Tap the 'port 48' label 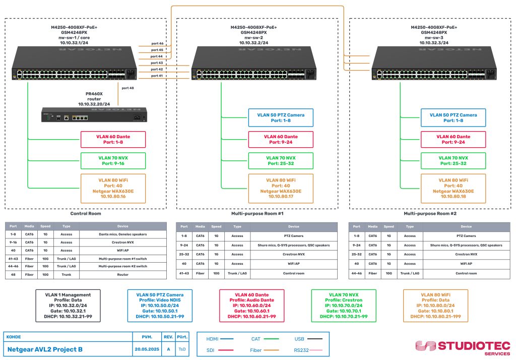[x=128, y=88]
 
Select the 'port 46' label [x=157, y=44]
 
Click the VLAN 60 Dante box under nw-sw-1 [x=113, y=139]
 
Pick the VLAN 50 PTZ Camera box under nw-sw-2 [x=280, y=118]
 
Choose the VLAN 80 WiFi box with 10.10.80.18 [x=453, y=188]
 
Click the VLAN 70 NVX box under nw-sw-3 [x=453, y=160]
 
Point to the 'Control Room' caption [x=86, y=213]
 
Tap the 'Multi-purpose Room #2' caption [x=430, y=213]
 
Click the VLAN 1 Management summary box [x=68, y=306]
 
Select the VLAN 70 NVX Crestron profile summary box [x=344, y=306]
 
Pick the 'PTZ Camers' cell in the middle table [x=294, y=236]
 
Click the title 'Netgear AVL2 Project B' [x=45, y=349]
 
